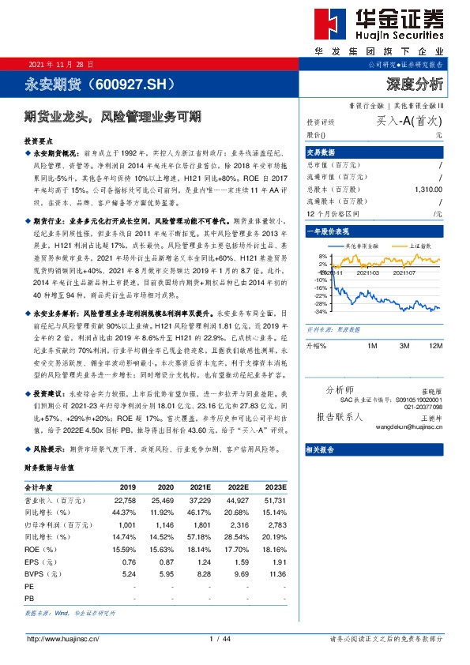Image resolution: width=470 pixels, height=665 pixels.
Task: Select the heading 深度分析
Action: pyautogui.click(x=415, y=83)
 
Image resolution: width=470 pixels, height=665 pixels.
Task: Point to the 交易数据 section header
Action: pyautogui.click(x=321, y=152)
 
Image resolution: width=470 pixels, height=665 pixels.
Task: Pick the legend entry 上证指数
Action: pyautogui.click(x=408, y=246)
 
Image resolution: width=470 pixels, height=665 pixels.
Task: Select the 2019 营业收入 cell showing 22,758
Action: pyautogui.click(x=125, y=499)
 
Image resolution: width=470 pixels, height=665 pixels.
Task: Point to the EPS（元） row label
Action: pyautogui.click(x=44, y=561)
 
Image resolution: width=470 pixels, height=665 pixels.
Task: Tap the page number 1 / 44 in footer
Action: pyautogui.click(x=219, y=638)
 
